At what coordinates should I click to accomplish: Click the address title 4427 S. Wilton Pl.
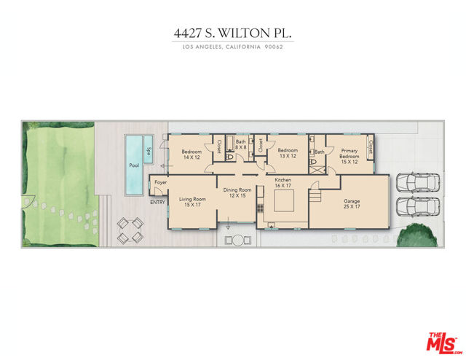tap(233, 32)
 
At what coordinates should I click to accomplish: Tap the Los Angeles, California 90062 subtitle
tap(233, 47)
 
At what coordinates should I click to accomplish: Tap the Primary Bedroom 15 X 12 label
tap(349, 153)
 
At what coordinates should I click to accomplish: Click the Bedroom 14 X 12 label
tap(191, 154)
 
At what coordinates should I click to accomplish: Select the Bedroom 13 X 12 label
tap(288, 153)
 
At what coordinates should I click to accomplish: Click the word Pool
tap(134, 165)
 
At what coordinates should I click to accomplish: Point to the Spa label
tap(149, 152)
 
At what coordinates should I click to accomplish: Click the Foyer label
tap(160, 183)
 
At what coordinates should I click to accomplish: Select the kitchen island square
tap(284, 206)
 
